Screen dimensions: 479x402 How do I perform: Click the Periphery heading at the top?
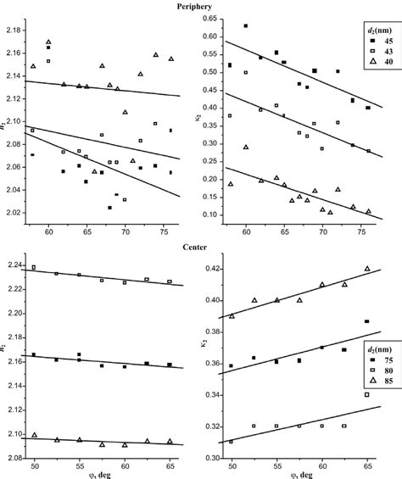[x=200, y=6]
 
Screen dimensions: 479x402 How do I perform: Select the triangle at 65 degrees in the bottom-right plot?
[x=367, y=268]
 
